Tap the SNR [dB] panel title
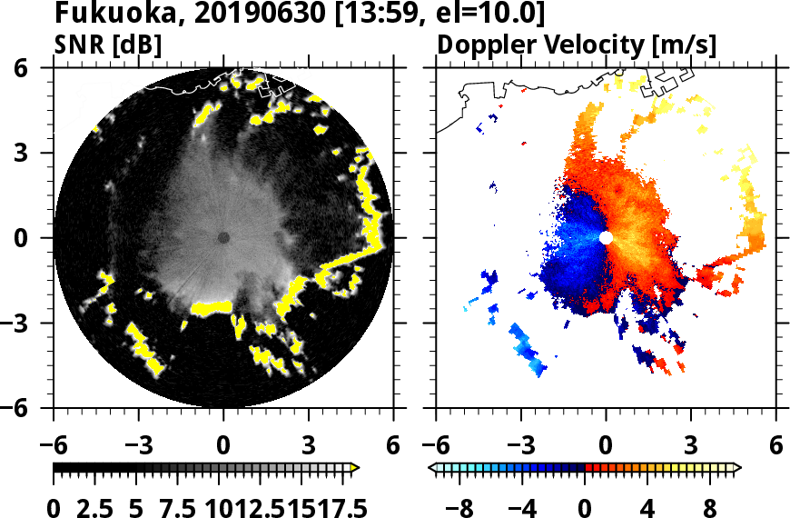click(x=108, y=45)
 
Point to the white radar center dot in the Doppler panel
click(x=606, y=237)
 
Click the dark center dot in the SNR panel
click(x=223, y=237)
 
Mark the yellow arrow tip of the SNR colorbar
click(x=355, y=468)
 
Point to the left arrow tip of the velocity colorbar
click(x=432, y=468)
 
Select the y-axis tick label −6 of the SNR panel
click(x=33, y=408)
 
